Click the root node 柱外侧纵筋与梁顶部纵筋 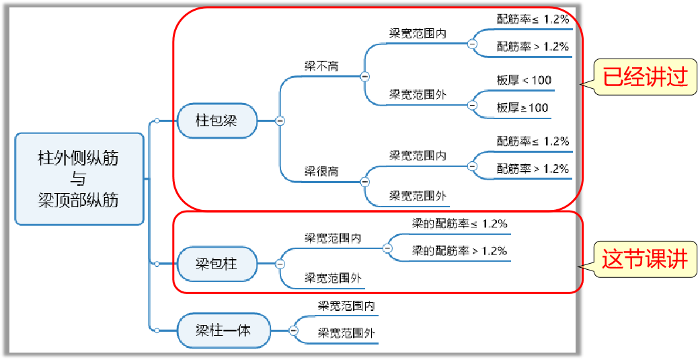[79, 179]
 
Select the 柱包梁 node [216, 120]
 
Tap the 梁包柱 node [216, 264]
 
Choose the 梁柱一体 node [223, 330]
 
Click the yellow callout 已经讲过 [645, 77]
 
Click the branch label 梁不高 [321, 66]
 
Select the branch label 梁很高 [321, 172]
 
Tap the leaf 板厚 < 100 [524, 80]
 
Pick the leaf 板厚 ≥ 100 [522, 108]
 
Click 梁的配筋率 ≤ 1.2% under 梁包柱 [459, 223]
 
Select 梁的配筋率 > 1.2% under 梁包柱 [459, 251]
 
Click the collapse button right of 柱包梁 [280, 120]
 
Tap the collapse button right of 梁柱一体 [294, 330]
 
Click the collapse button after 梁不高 [365, 77]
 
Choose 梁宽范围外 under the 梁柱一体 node [346, 333]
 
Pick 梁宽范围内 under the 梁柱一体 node [346, 306]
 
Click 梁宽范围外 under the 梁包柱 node [333, 277]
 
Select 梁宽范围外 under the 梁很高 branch [418, 196]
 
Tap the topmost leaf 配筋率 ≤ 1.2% [533, 20]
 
